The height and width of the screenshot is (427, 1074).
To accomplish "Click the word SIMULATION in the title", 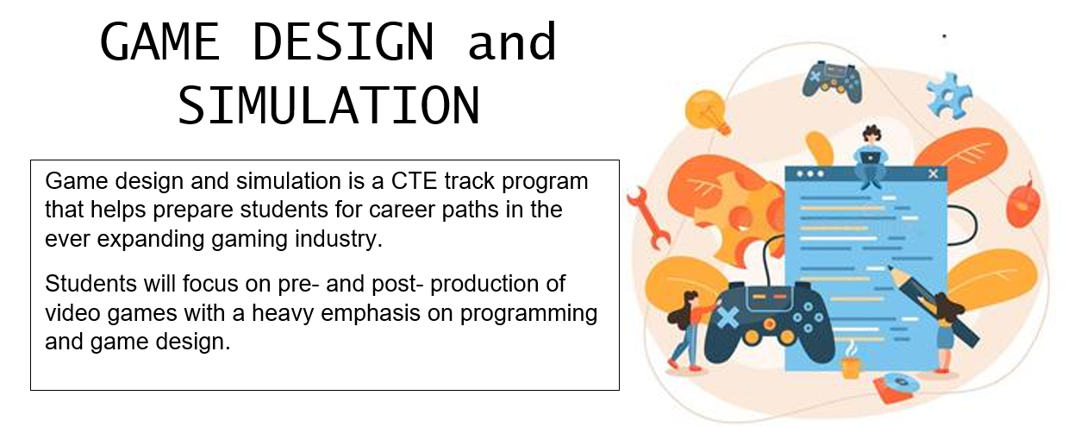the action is click(x=329, y=105).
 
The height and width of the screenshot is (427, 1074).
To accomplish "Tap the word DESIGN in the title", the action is click(x=343, y=41).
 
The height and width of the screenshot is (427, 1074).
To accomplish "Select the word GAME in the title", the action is click(x=160, y=41).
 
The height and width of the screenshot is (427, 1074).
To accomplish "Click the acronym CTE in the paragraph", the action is click(x=414, y=181).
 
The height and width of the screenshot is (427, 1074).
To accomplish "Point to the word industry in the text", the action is click(x=339, y=240).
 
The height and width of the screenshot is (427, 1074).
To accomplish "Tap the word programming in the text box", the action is click(x=529, y=314).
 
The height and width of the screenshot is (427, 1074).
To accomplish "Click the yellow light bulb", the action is click(x=707, y=112).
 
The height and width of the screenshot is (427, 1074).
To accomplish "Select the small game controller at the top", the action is click(x=832, y=82).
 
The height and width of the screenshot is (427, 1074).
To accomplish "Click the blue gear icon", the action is click(x=949, y=96).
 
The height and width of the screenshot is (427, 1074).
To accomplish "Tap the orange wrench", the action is click(x=648, y=218).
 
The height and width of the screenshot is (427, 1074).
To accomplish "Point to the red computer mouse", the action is click(x=1022, y=204).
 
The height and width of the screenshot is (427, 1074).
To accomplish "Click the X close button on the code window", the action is click(x=933, y=173).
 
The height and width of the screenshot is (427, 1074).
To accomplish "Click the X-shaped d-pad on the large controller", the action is click(x=727, y=318).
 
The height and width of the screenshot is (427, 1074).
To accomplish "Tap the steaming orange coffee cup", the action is click(x=851, y=362).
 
